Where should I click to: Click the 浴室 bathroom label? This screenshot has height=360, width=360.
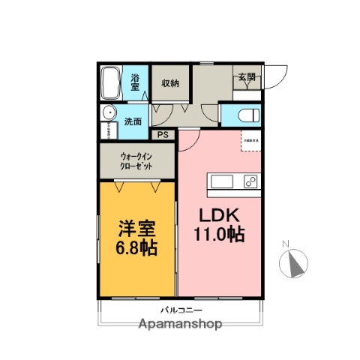[x=136, y=82]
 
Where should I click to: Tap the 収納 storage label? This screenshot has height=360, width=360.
[x=170, y=82]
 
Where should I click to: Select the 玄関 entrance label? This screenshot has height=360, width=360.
[x=247, y=76]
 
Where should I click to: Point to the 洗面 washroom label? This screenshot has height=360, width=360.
[x=133, y=121]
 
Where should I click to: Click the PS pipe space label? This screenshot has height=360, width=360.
[x=163, y=135]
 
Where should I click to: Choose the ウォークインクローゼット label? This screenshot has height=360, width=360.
[x=137, y=160]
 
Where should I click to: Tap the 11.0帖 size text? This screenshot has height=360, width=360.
[x=219, y=233]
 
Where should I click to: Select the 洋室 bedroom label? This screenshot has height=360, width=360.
[x=136, y=226]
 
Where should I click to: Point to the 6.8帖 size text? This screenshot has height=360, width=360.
[x=136, y=247]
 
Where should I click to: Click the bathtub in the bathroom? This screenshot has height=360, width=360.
[x=109, y=82]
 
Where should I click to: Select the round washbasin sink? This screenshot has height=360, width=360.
[x=109, y=115]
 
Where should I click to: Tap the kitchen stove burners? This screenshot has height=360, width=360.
[x=250, y=182]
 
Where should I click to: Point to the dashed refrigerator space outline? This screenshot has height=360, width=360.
[x=250, y=140]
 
